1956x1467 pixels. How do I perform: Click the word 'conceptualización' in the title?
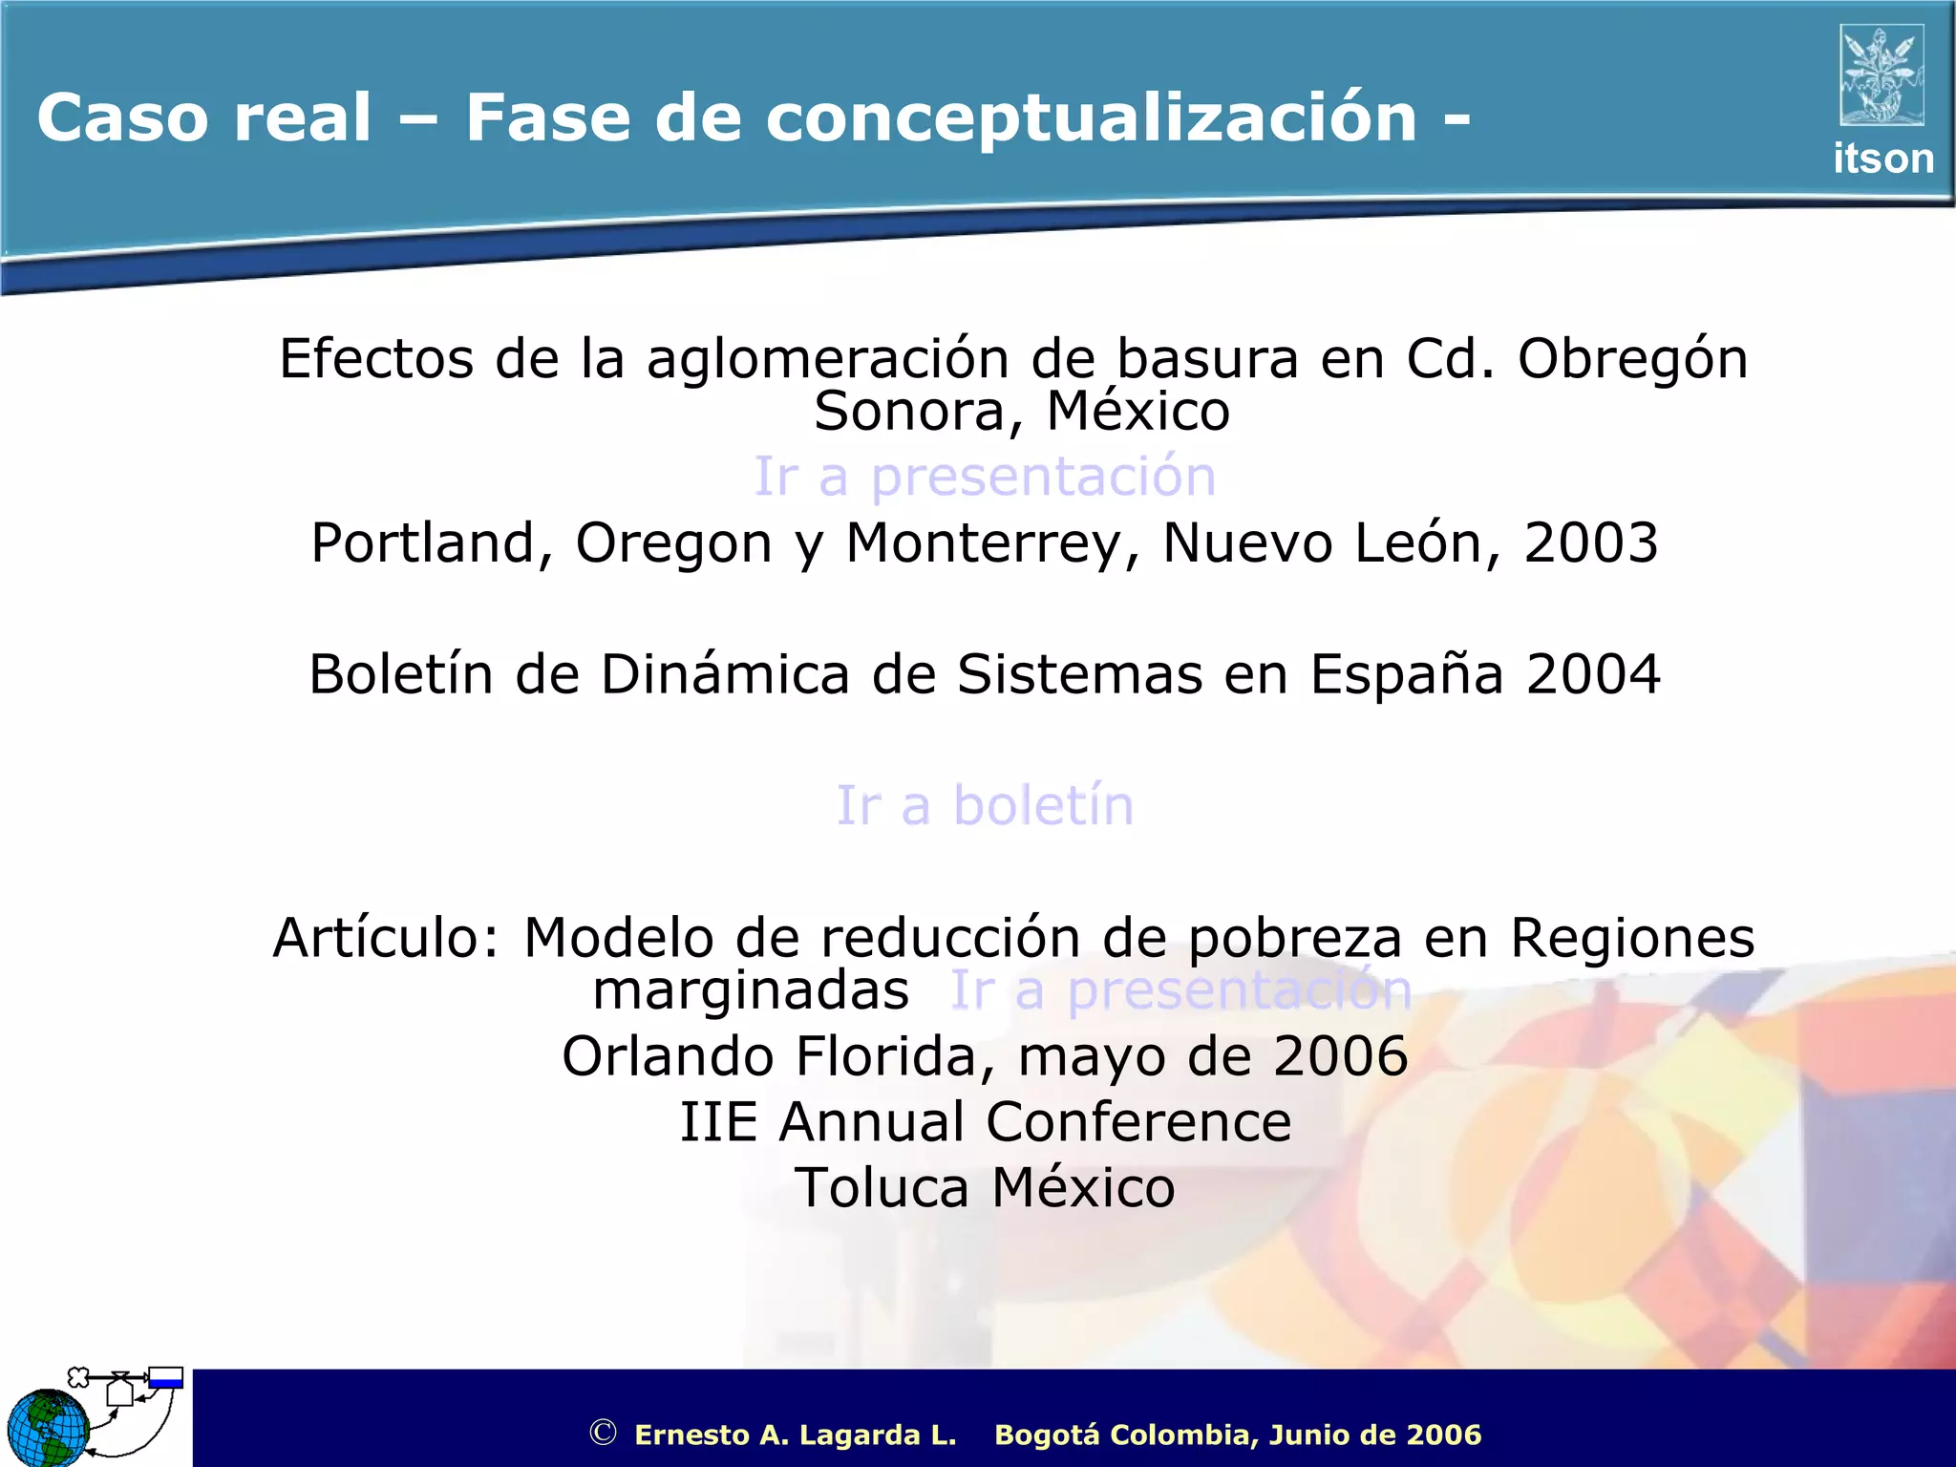tap(1091, 118)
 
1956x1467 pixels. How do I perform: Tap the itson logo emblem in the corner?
tap(1881, 75)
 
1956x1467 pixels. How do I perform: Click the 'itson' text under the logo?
tap(1882, 159)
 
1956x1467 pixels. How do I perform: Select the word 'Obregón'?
tap(1632, 360)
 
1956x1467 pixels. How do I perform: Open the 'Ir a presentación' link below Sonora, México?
tap(985, 476)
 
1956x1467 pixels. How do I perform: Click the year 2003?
tap(1590, 542)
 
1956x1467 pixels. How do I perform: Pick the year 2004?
tap(1593, 674)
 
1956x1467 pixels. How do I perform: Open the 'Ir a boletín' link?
tap(985, 805)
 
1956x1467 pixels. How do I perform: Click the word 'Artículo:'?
tap(386, 938)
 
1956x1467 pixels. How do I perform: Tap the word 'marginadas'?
tap(751, 990)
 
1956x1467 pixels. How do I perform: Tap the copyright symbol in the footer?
tap(603, 1433)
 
